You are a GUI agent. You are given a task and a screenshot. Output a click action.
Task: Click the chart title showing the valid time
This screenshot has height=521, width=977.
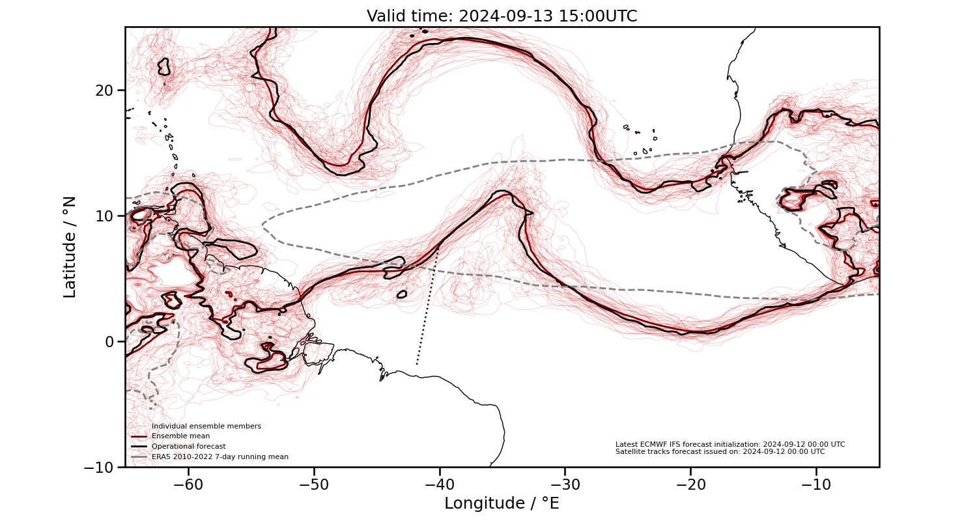pos(502,16)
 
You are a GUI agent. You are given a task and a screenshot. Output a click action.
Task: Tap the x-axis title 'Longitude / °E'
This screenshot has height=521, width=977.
pos(502,503)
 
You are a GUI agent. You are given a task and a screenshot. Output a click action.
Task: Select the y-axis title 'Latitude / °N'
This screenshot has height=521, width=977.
pos(70,247)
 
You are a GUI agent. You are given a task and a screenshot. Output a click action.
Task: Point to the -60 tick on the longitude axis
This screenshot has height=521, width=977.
pos(189,485)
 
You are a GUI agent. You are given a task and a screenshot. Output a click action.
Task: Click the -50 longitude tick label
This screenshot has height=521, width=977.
pos(314,485)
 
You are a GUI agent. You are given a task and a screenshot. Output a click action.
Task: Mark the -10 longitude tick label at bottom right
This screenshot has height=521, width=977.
pos(815,485)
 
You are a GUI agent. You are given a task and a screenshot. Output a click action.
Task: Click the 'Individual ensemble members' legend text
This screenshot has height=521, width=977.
pos(206,426)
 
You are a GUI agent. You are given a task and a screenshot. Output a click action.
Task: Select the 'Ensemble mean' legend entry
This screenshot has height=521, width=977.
pos(180,436)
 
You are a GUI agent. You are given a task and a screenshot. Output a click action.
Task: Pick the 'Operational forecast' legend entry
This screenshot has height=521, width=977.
pos(188,446)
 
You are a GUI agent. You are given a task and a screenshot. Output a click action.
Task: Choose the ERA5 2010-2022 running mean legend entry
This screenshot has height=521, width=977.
pos(219,457)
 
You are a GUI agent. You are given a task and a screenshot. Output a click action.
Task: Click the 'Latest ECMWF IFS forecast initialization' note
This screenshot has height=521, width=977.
pos(729,444)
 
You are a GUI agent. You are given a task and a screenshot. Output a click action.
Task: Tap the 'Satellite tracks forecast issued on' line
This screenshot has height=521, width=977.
pos(720,451)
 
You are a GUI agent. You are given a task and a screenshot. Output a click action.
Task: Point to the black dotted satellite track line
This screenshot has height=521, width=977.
pos(427,305)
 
